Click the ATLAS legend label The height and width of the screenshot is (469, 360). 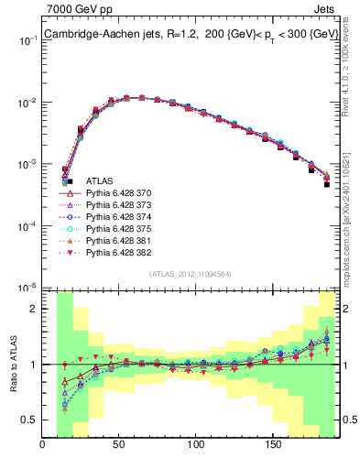pyautogui.click(x=99, y=181)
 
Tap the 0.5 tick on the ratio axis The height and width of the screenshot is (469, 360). pyautogui.click(x=30, y=420)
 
